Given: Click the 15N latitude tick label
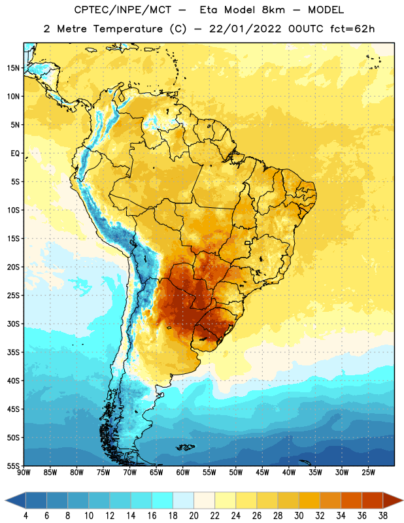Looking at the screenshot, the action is click(13, 68).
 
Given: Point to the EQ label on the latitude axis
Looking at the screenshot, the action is click(15, 154).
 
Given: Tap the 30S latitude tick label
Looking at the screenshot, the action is click(13, 324).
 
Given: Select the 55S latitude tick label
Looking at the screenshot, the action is click(13, 466).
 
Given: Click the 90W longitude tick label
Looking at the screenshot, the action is click(24, 472).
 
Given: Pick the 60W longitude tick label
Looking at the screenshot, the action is click(183, 472).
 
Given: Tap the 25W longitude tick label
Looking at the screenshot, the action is click(368, 472).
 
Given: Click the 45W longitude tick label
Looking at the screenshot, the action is click(263, 472).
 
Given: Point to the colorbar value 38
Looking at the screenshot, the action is click(383, 516).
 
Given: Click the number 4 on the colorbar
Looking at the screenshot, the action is click(25, 516).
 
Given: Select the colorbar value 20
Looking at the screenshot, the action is click(194, 516).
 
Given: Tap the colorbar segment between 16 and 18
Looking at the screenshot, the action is click(162, 501).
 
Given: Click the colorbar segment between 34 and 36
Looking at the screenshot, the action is click(351, 501).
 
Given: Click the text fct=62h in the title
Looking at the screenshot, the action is click(352, 29).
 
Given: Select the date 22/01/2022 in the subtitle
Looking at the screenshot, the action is click(245, 29).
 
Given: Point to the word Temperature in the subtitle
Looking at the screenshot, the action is click(127, 29).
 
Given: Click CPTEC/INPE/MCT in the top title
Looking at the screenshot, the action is click(123, 10).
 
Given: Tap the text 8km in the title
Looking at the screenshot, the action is click(273, 10).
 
